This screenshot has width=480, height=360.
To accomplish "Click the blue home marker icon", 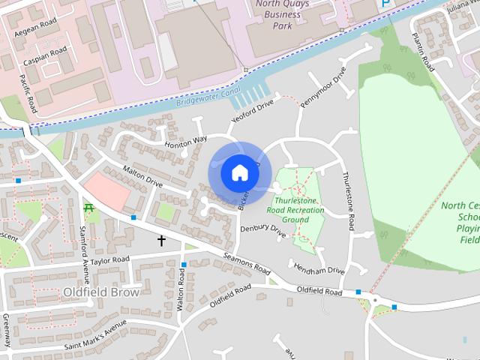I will [x=239, y=172].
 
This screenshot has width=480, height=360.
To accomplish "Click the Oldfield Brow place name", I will [x=102, y=292].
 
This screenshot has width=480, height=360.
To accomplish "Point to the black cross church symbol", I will [x=161, y=241].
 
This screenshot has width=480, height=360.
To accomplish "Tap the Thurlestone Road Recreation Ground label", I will [x=296, y=210].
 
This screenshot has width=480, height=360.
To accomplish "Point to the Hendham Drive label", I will [x=319, y=269].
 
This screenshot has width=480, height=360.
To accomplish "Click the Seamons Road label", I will [x=246, y=263].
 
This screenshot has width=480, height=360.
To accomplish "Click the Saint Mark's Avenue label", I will [x=94, y=331].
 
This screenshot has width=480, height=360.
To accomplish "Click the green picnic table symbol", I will [x=89, y=207].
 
